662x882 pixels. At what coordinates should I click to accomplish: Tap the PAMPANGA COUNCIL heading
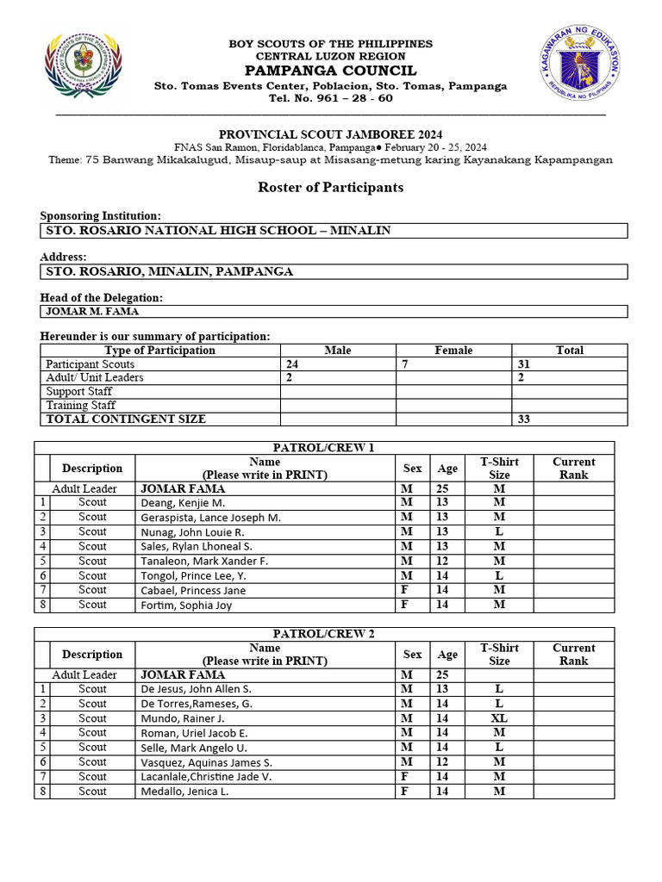(x=330, y=71)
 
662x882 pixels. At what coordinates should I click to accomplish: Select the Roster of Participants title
(x=330, y=187)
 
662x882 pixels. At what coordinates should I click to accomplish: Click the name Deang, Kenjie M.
(x=183, y=503)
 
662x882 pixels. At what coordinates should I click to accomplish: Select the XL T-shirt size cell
(x=499, y=718)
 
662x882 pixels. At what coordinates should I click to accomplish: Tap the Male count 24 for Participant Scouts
(x=293, y=364)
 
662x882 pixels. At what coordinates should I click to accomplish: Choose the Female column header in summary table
(x=453, y=351)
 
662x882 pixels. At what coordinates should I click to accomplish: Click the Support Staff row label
(x=79, y=392)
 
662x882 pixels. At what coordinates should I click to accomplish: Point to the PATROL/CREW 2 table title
(x=323, y=634)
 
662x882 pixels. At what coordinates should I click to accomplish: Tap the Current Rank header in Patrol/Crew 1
(x=573, y=469)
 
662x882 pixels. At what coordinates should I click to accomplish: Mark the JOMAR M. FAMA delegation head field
(x=91, y=312)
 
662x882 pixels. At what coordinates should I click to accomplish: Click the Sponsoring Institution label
(x=101, y=216)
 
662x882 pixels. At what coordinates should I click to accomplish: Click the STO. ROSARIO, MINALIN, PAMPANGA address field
(x=170, y=271)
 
